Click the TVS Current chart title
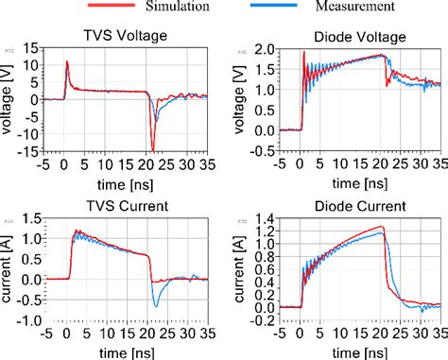coord(121,206)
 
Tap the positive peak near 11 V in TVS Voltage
coord(67,62)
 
